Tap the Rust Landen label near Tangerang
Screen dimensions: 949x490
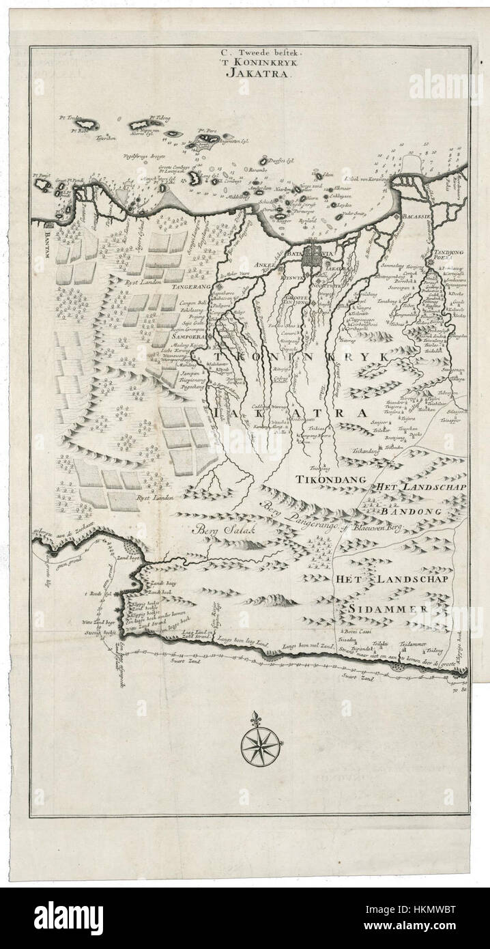click(142, 281)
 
